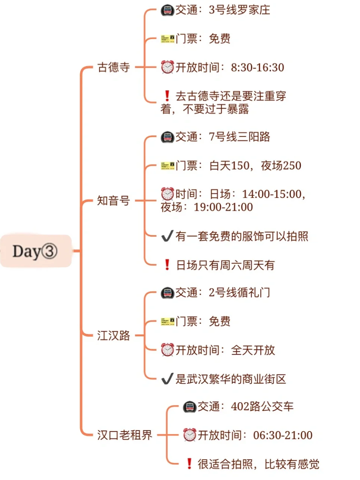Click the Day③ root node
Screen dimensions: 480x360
coord(35,251)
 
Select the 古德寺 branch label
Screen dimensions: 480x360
coord(113,67)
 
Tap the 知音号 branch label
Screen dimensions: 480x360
coord(113,201)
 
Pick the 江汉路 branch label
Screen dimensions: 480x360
coord(113,335)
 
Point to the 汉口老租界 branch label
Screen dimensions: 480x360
coord(124,435)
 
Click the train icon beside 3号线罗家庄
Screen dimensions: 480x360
coord(167,10)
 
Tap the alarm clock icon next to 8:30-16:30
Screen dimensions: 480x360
coord(167,67)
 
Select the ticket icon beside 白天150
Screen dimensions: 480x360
coord(167,165)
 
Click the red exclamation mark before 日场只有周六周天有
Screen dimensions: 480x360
coord(167,265)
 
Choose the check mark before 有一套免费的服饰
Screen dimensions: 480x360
coord(167,236)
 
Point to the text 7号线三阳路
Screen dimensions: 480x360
coord(239,137)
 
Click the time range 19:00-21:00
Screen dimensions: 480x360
coord(223,207)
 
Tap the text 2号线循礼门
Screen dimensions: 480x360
coord(239,292)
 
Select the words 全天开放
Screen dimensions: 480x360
coord(253,350)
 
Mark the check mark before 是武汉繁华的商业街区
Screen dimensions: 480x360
coord(167,379)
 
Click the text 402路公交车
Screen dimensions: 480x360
coord(262,406)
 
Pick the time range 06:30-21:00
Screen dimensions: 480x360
coord(283,435)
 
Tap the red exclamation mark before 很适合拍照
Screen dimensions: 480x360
coord(189,464)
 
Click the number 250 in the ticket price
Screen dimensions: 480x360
coord(291,165)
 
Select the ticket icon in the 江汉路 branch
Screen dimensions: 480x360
coord(167,321)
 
